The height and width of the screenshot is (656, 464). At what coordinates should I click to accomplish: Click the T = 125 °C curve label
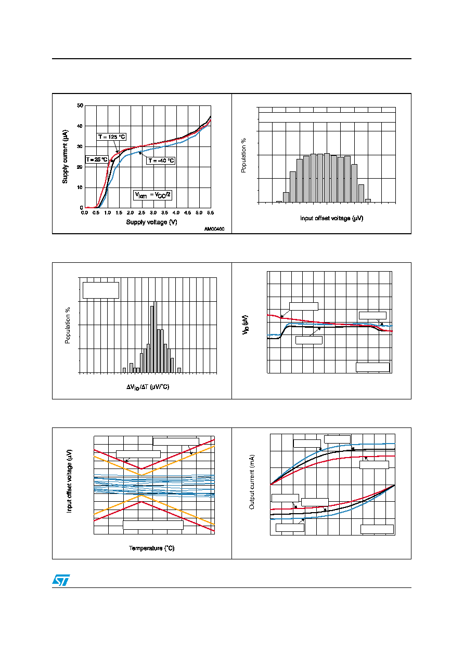click(x=111, y=137)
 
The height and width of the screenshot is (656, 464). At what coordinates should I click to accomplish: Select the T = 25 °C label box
click(x=97, y=159)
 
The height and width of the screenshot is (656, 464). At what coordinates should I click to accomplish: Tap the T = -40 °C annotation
click(x=161, y=160)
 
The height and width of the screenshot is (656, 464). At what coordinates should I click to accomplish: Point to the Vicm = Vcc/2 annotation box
click(x=152, y=195)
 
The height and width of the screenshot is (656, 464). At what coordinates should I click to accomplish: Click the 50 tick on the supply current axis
click(x=80, y=105)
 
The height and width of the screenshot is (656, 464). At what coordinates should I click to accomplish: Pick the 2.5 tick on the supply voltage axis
click(x=141, y=212)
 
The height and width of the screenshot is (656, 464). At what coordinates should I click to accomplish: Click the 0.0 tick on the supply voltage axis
click(x=84, y=212)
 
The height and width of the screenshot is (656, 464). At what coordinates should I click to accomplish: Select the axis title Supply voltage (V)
click(x=152, y=222)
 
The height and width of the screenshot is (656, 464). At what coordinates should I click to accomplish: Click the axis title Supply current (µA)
click(x=65, y=157)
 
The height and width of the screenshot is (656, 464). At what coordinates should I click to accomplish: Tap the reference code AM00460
click(x=214, y=229)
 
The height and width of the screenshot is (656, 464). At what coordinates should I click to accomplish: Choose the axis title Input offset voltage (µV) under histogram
click(x=331, y=218)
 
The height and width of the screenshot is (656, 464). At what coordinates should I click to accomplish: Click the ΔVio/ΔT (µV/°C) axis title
click(x=148, y=387)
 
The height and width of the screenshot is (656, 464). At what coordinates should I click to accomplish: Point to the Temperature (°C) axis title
click(x=152, y=548)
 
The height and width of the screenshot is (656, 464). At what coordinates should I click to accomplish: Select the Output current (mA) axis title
click(x=252, y=482)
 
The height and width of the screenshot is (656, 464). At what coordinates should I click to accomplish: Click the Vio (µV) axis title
click(x=246, y=325)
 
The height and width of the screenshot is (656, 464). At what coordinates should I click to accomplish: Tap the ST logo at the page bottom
click(x=61, y=580)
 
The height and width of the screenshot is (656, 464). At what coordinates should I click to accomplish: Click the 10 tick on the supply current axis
click(x=80, y=188)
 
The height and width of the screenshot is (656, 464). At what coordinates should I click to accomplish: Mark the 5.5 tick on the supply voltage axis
click(x=210, y=212)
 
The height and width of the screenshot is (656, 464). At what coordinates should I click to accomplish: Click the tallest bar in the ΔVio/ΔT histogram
click(x=155, y=337)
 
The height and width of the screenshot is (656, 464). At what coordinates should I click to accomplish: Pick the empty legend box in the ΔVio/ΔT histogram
click(x=101, y=290)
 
